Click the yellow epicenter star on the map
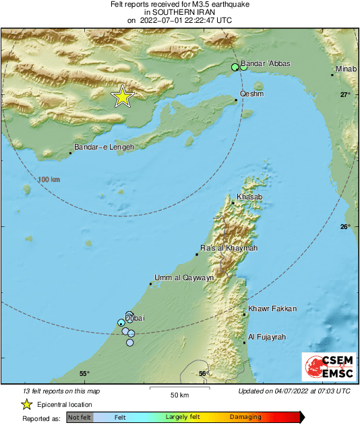[122, 97]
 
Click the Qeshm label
[251, 94]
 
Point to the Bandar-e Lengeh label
[104, 147]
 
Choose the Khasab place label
[249, 197]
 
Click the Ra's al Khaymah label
[229, 248]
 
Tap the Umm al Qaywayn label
[184, 277]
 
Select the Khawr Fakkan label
[272, 308]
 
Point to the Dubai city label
[135, 318]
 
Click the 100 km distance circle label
[49, 179]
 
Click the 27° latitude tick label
[345, 94]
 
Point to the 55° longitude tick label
[84, 374]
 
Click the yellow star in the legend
[27, 404]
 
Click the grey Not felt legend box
[80, 418]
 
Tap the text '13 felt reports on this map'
[61, 391]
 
